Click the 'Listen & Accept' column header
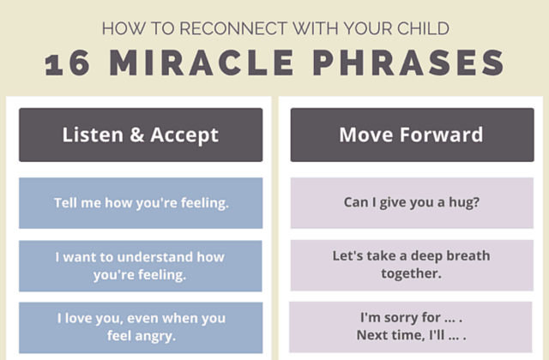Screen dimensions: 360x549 coord(141,135)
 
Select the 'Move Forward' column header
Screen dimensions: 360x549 coord(411,135)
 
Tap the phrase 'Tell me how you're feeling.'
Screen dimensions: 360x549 coord(141,203)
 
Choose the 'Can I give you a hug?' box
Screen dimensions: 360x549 coord(411,203)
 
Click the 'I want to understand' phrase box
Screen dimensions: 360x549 coord(141,266)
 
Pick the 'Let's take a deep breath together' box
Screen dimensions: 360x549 coord(411,265)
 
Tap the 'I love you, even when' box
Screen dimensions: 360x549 coord(141,327)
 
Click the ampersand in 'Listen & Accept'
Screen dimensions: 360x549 coord(133,135)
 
